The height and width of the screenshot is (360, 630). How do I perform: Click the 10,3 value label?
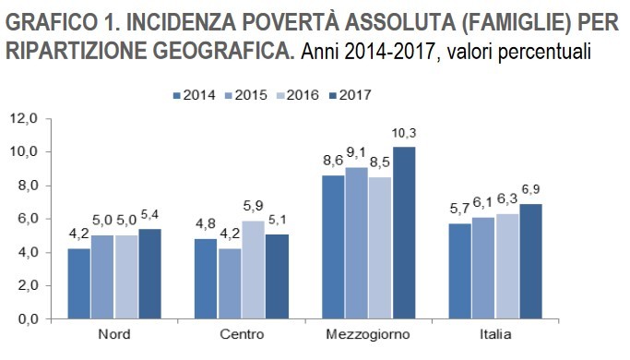(x=404, y=135)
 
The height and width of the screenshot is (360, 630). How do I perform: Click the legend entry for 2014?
(x=194, y=94)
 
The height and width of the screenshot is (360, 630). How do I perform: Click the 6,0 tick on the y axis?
(x=25, y=219)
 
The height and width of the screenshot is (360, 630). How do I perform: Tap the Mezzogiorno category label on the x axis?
(x=367, y=334)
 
